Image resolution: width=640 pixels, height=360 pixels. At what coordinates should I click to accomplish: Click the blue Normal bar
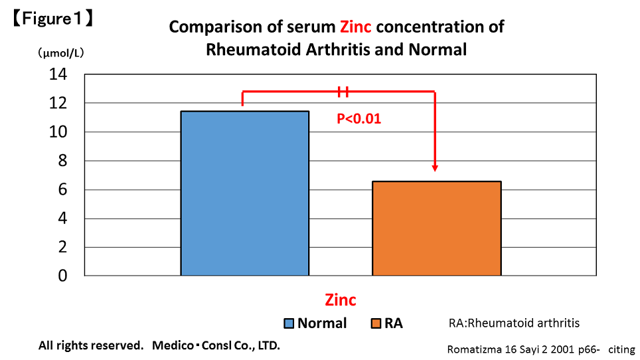click(245, 193)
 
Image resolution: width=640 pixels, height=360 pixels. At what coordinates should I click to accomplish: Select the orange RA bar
click(437, 228)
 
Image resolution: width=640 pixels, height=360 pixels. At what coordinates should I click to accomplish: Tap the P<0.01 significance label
click(359, 119)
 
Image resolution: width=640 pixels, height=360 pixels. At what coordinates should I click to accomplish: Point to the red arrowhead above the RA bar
click(435, 168)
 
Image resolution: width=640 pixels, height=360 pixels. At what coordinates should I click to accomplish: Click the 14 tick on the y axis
click(58, 74)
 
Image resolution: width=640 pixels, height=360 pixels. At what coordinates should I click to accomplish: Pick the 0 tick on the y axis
click(62, 276)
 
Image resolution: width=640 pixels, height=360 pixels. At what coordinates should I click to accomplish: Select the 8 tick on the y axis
click(62, 161)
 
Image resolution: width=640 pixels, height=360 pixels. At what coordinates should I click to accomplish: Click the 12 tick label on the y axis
click(58, 103)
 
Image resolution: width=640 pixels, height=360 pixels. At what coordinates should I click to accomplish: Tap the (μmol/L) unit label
click(61, 52)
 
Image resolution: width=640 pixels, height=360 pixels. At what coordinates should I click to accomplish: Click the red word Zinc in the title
click(355, 27)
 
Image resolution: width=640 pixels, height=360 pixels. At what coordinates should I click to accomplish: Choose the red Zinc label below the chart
click(341, 300)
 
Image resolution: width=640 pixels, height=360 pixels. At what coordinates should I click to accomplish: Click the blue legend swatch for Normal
click(289, 323)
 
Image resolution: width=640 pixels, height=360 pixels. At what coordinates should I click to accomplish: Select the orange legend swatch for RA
click(376, 323)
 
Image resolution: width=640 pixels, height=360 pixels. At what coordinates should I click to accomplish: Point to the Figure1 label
click(52, 19)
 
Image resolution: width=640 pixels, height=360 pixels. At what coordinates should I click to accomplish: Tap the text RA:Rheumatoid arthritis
click(514, 323)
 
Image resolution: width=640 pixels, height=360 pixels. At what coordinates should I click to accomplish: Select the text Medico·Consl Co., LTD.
click(216, 345)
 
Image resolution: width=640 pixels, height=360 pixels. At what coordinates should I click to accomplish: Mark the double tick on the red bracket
click(343, 92)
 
